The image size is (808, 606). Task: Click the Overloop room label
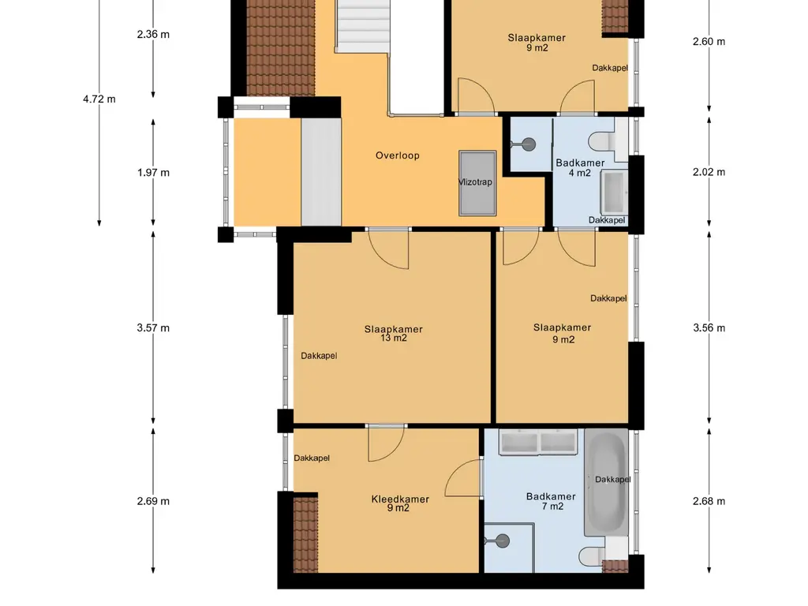click(398, 155)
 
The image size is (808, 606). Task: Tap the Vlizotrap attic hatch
click(477, 183)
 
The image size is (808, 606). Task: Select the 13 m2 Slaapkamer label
click(393, 334)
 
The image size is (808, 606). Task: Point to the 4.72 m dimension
click(99, 99)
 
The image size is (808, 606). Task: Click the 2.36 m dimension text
click(153, 35)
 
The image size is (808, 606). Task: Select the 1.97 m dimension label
click(153, 173)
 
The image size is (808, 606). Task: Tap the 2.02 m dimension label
click(709, 172)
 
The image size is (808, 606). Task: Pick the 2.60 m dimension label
click(709, 42)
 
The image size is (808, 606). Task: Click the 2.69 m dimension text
click(153, 501)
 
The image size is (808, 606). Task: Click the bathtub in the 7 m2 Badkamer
click(606, 483)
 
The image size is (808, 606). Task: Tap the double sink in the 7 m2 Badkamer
click(538, 443)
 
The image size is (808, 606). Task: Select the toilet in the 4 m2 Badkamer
click(602, 140)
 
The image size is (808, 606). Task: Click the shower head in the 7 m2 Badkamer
click(501, 541)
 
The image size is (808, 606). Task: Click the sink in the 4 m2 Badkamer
click(615, 193)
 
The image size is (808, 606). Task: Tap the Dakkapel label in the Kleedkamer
click(312, 458)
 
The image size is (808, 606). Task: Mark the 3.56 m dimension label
click(709, 328)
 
